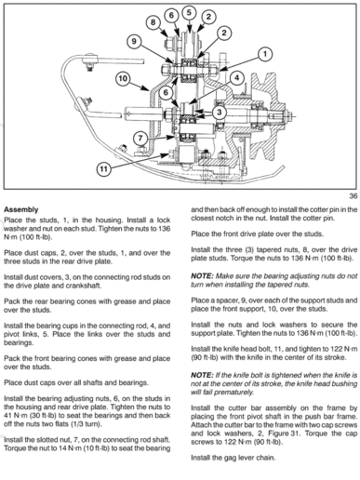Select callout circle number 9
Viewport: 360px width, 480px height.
134,40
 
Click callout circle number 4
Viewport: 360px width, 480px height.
236,78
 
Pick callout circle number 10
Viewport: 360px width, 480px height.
121,79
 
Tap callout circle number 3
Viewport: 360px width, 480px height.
218,113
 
